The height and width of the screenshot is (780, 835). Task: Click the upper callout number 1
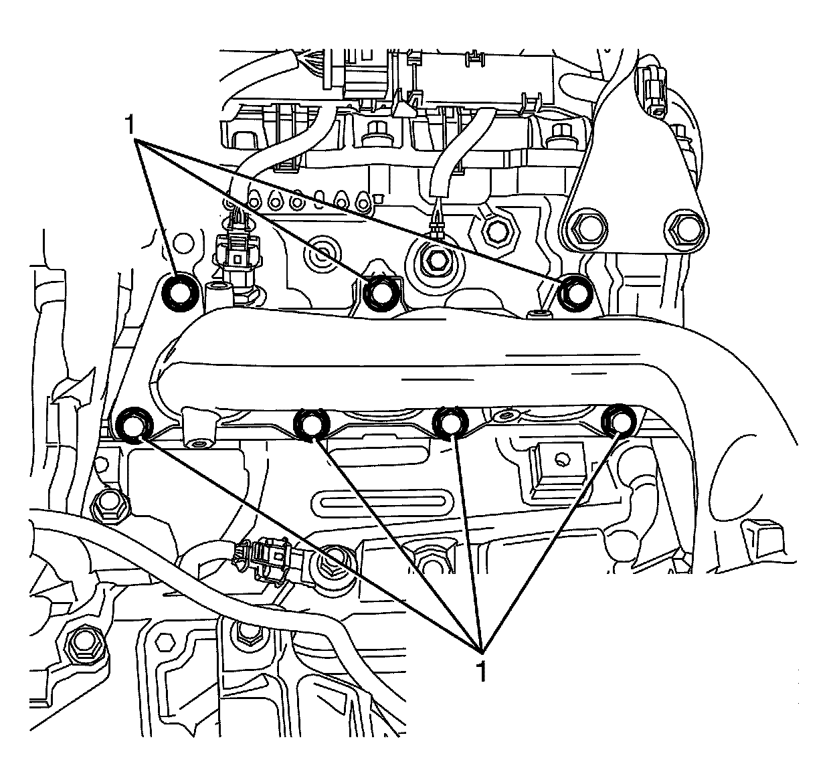point(131,125)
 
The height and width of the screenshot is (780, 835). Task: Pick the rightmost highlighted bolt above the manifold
point(573,292)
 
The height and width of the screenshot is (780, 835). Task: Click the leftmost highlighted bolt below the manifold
point(132,424)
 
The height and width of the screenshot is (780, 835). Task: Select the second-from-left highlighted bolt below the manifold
point(311,423)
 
